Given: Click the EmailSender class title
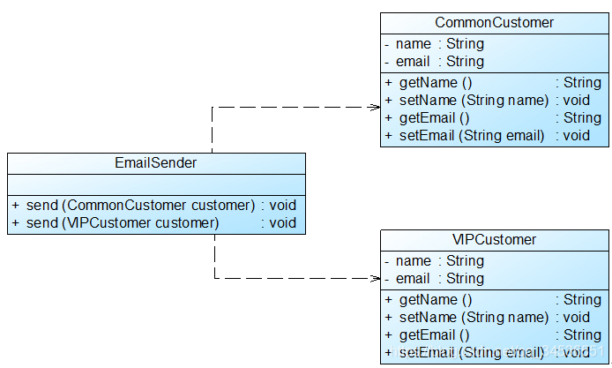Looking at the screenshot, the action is pos(156,162).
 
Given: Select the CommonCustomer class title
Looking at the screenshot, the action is pos(494,22).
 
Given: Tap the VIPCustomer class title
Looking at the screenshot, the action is pos(494,239).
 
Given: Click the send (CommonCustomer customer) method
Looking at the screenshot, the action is pos(140,205).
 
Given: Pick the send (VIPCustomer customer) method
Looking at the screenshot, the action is pos(123,222).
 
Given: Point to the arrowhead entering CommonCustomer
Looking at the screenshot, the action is pos(376,107).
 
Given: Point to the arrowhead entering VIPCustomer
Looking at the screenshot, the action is pos(376,279).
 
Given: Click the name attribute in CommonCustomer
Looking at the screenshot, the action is pos(440,44).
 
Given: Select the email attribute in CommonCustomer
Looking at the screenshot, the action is pos(440,62).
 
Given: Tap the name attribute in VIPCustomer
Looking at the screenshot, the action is pos(440,260).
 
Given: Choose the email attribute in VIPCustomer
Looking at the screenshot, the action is pos(440,278).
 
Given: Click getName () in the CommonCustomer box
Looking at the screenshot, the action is pos(436,82).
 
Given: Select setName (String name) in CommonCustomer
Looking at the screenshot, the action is pos(474,100).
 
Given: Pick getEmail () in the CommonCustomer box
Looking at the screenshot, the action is pos(434,117).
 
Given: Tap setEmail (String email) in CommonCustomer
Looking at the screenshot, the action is pos(472,136).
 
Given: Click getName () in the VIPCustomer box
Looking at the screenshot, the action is pos(436,300).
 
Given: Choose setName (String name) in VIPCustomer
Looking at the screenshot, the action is pos(474,317).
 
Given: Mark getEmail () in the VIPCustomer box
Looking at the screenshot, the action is pos(434,334).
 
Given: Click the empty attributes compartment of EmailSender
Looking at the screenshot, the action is pos(156,184).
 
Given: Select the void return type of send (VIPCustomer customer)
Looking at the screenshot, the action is pos(283,222).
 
